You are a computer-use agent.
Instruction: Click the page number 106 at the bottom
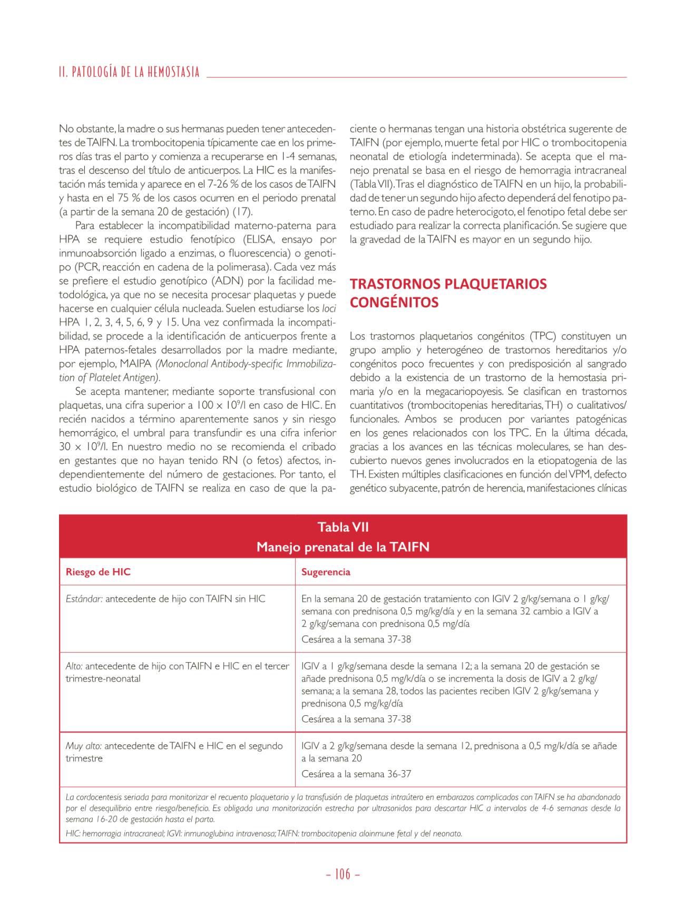tap(342, 874)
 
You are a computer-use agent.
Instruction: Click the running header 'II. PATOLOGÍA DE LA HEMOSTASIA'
tap(129, 72)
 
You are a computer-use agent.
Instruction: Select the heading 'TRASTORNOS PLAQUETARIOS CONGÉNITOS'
tap(448, 293)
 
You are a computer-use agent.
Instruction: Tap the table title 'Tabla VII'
tap(343, 527)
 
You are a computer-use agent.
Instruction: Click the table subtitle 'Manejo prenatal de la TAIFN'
tap(343, 547)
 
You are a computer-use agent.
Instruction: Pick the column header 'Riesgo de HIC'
tap(98, 572)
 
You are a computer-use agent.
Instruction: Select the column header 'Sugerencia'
tap(326, 572)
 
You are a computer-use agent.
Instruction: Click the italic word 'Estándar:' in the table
tap(84, 599)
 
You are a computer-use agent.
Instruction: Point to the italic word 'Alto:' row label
tap(74, 666)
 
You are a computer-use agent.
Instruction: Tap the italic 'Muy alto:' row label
tap(84, 746)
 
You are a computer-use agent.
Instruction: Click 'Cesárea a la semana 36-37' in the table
tap(356, 774)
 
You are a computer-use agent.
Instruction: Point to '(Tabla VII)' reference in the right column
tap(371, 184)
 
